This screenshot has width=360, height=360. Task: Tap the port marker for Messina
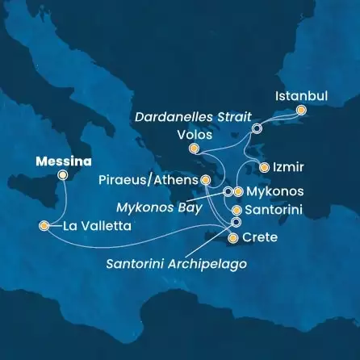[x=63, y=174]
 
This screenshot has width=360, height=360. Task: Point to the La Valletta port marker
[x=43, y=226]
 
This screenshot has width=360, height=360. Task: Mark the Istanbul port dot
[x=301, y=110]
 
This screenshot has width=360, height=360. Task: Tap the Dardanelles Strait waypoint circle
[x=257, y=128]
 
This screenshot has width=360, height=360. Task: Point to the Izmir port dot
[x=264, y=167]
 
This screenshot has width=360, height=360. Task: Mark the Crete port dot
[x=233, y=238]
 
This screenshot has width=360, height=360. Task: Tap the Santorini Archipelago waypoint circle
[x=236, y=222]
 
